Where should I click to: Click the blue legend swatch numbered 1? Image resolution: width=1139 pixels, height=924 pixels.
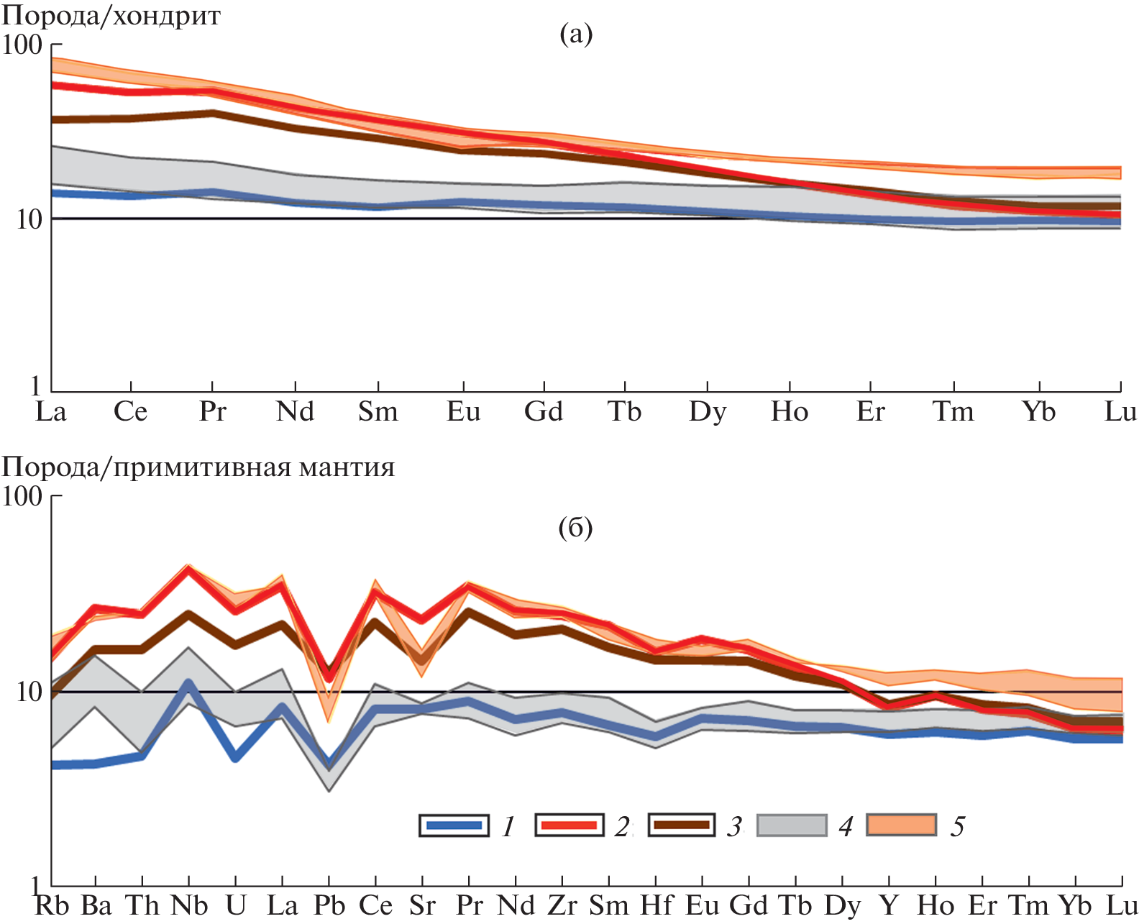[454, 825]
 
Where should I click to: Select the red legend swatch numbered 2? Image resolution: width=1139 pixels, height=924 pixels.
[568, 825]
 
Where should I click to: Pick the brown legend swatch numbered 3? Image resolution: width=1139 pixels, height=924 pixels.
[681, 825]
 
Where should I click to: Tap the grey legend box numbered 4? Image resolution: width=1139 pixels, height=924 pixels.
[792, 825]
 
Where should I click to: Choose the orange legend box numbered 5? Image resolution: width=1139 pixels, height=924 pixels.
[902, 825]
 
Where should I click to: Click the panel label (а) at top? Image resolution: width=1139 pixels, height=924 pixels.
[576, 34]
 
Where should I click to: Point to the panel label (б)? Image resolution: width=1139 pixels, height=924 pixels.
[575, 529]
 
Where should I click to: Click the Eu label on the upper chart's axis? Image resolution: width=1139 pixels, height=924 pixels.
[463, 411]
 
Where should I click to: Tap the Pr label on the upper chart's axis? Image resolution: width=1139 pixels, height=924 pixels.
[213, 411]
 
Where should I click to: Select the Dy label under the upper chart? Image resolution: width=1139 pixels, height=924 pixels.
[708, 412]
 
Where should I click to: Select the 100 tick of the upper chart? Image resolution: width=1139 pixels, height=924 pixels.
[22, 45]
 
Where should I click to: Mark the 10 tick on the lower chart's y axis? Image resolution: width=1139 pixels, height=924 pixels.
[28, 692]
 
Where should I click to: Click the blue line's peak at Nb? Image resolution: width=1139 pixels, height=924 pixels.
[188, 682]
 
